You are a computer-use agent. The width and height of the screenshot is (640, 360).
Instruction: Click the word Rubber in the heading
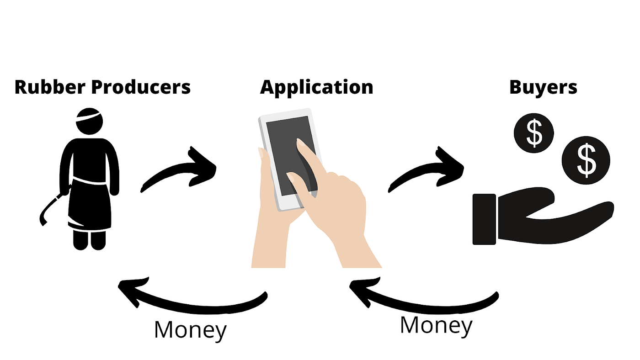coord(44,87)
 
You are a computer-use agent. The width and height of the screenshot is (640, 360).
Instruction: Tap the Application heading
coord(316,87)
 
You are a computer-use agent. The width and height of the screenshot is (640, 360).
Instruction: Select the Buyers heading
coord(543,87)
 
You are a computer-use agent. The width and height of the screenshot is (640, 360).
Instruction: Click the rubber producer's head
coord(89,120)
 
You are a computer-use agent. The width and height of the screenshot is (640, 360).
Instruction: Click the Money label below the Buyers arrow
coord(436,325)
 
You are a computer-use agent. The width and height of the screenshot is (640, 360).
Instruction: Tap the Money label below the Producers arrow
coord(190,330)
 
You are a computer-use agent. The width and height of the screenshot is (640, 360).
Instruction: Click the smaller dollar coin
coord(533,133)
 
